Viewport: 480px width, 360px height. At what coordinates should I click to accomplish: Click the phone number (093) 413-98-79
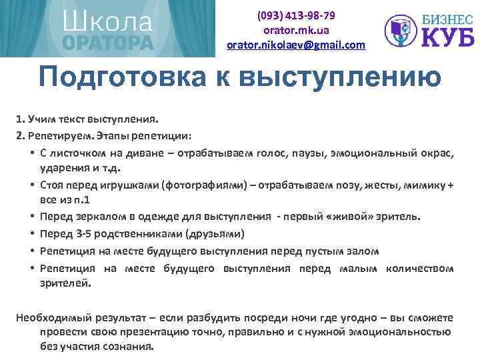[296, 15]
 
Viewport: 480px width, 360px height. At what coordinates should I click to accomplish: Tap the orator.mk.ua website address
[296, 30]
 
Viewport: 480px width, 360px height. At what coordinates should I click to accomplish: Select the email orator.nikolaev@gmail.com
[296, 45]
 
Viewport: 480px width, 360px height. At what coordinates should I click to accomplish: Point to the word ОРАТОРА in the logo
[108, 43]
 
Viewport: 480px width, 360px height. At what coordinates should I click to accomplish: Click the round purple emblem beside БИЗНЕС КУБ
[400, 30]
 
